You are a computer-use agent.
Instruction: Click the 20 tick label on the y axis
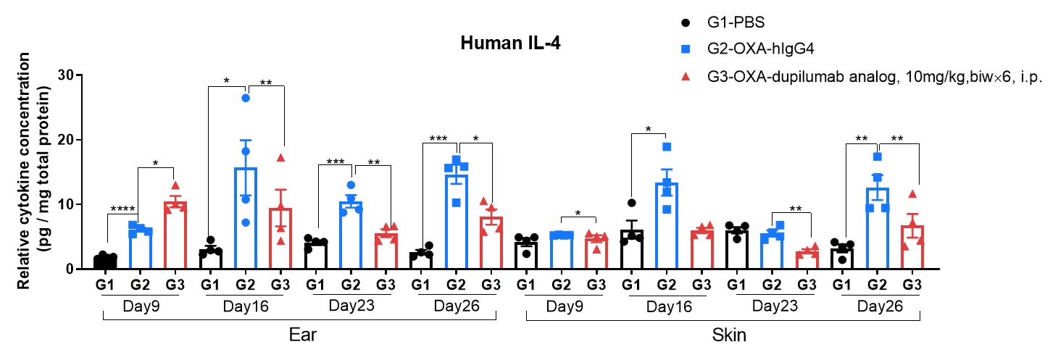click(66, 140)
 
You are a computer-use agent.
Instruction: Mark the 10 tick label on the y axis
click(66, 204)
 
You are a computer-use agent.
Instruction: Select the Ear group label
click(299, 335)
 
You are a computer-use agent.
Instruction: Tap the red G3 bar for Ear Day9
click(175, 235)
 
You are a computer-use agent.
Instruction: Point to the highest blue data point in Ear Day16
click(246, 99)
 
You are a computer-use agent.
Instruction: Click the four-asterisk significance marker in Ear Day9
click(123, 210)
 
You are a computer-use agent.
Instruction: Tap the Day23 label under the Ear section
click(351, 306)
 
